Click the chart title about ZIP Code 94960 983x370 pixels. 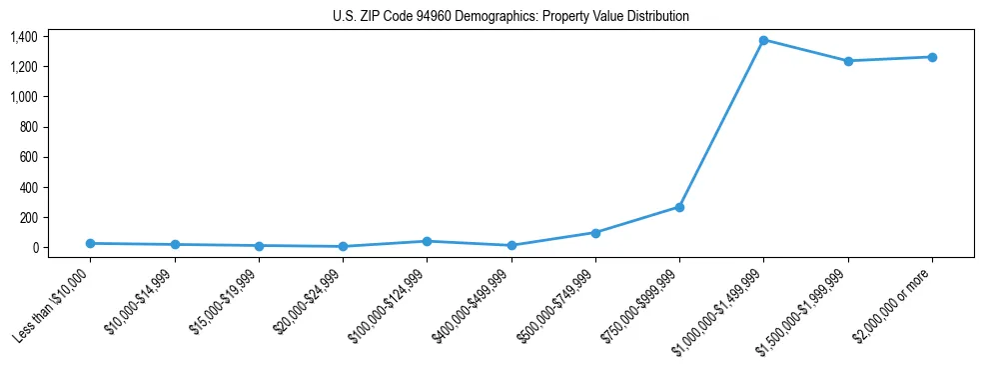[510, 17]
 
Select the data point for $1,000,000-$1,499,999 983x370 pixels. [763, 40]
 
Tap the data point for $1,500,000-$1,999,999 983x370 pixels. [848, 61]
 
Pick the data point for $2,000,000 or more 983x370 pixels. [932, 57]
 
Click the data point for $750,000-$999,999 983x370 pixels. [679, 207]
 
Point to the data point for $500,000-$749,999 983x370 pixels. [595, 233]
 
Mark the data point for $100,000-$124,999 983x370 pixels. [427, 241]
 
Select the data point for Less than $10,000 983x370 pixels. [90, 243]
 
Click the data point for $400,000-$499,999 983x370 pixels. [511, 245]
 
